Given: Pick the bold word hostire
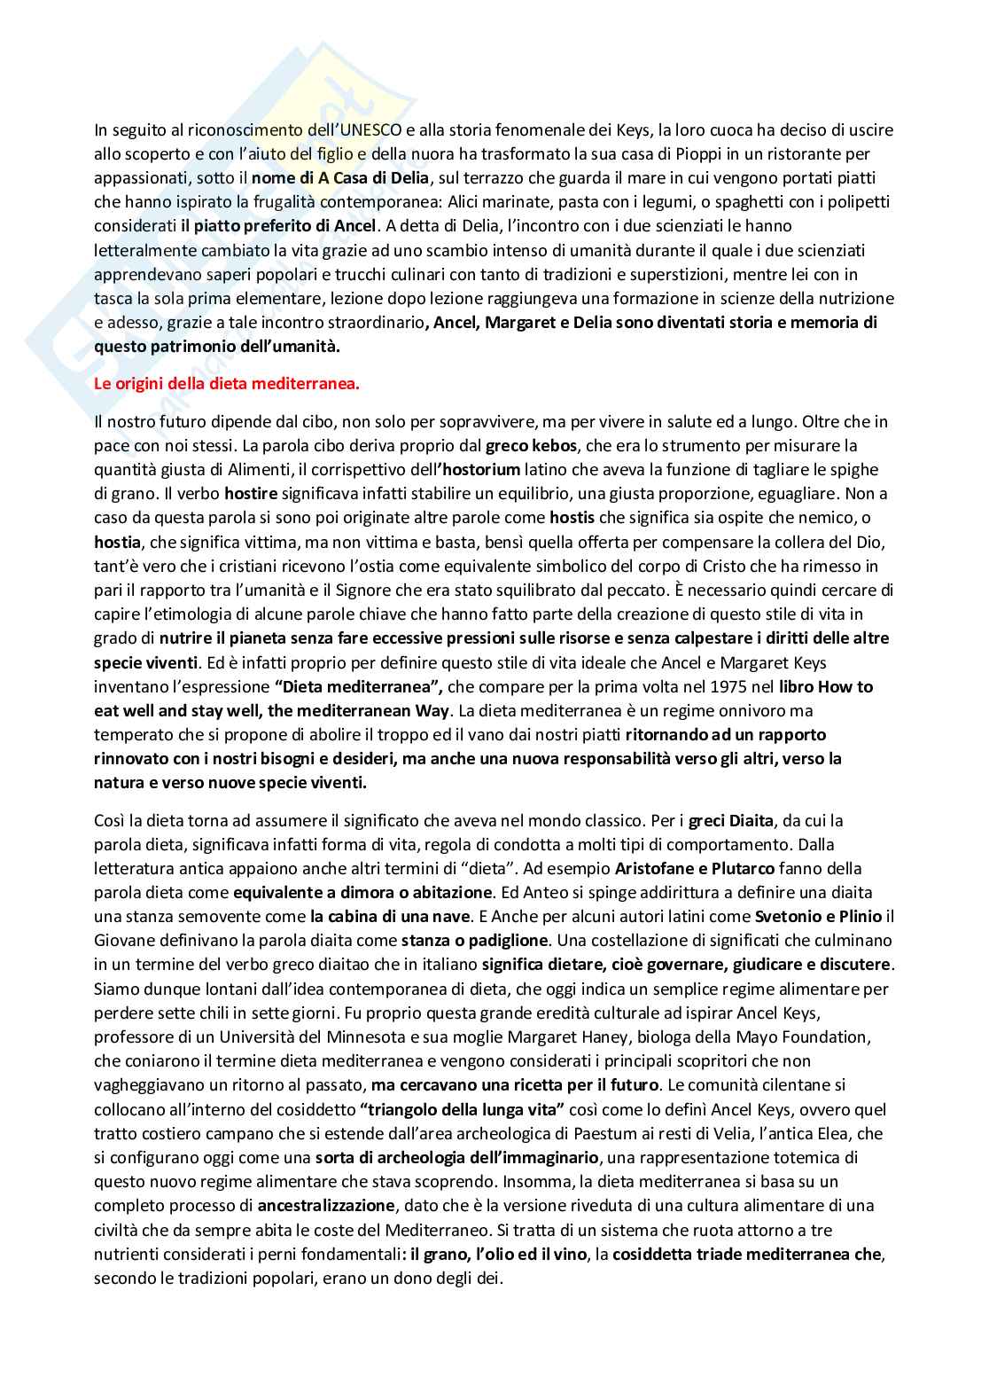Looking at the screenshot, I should tap(251, 492).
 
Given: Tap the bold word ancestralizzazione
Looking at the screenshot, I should tap(326, 1205).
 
